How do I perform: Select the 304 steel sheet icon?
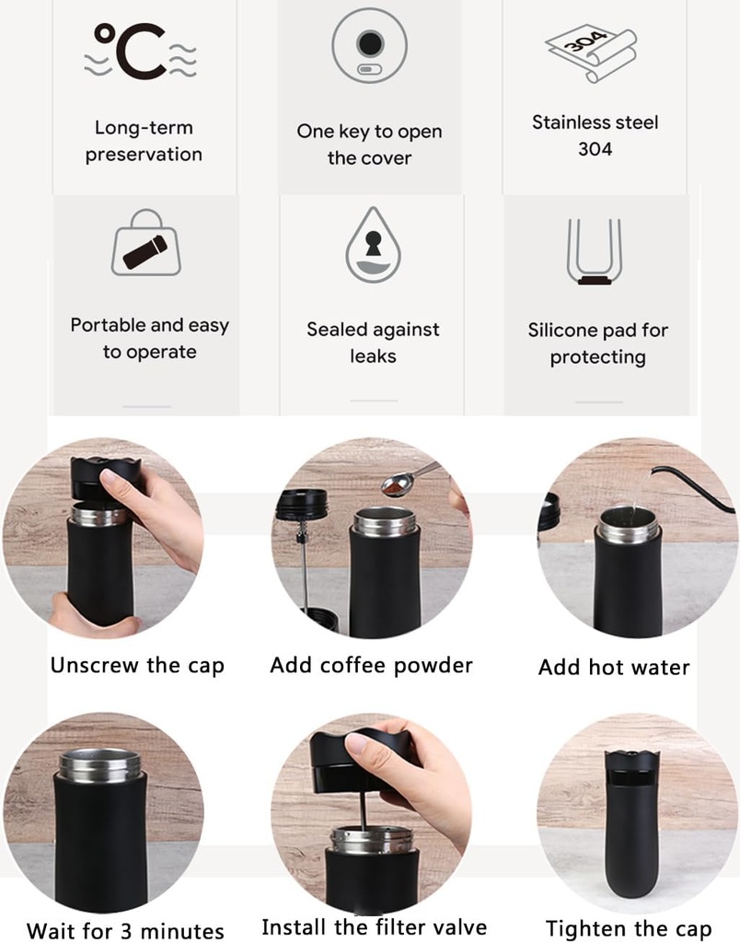(590, 52)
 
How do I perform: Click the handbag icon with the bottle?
(145, 244)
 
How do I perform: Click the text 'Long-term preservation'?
(144, 141)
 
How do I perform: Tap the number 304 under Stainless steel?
(595, 148)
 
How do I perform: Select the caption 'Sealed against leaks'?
(373, 342)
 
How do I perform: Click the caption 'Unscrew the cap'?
(137, 665)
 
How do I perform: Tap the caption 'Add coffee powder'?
(371, 665)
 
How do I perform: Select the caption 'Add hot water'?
(613, 668)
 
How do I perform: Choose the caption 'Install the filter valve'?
(374, 926)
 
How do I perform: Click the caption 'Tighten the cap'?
(628, 928)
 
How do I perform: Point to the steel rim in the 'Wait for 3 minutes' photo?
(100, 765)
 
